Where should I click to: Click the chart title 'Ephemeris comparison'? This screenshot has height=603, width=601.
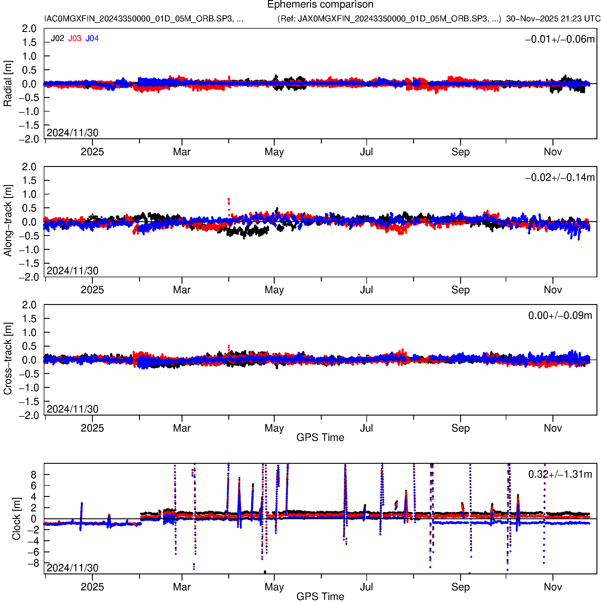(x=320, y=5)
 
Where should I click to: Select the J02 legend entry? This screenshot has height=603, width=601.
(x=58, y=38)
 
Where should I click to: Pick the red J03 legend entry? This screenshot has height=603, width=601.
(x=75, y=38)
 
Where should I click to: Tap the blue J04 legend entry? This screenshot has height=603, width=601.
(x=92, y=38)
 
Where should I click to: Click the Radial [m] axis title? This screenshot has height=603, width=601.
(x=8, y=84)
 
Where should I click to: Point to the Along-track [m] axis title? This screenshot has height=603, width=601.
(x=8, y=221)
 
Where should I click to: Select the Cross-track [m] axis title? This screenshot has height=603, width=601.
(x=8, y=359)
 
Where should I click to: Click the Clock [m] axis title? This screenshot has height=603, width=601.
(x=16, y=519)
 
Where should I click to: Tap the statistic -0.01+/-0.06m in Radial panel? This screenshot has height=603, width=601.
(x=560, y=39)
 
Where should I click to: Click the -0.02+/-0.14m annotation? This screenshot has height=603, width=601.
(x=560, y=177)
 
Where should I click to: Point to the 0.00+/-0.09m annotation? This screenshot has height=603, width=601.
(x=560, y=316)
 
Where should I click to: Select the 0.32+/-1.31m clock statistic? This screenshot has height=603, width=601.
(x=560, y=475)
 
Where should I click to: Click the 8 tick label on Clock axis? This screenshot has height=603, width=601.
(x=33, y=475)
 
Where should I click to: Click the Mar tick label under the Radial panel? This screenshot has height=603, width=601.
(x=182, y=152)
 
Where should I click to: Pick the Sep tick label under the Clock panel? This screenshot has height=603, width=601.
(x=460, y=587)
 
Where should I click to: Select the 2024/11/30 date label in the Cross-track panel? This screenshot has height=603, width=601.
(x=72, y=409)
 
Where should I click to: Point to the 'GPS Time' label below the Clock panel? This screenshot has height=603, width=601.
(x=320, y=597)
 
